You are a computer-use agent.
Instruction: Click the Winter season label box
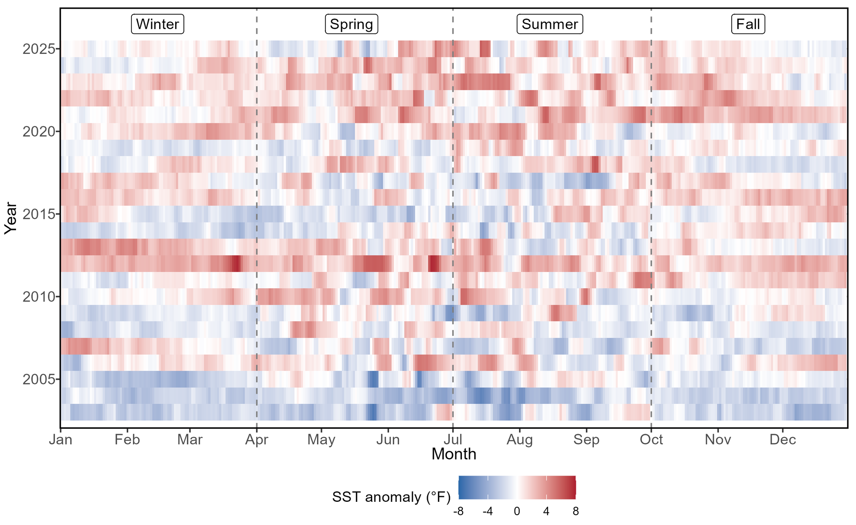pos(157,24)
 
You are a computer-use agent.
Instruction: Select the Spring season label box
pos(351,24)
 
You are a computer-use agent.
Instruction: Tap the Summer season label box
pos(550,24)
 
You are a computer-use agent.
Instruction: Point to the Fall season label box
pos(748,24)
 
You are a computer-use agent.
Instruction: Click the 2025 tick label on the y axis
pos(39,49)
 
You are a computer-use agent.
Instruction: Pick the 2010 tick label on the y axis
pos(39,297)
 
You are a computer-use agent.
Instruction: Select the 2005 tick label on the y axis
pos(39,380)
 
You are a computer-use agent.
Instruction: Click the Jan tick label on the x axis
pos(61,440)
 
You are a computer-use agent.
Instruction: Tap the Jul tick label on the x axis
pos(453,440)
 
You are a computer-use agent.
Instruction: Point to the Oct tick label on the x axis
pos(651,440)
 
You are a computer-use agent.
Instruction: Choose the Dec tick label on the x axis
pos(782,440)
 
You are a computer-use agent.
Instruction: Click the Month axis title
pos(454,454)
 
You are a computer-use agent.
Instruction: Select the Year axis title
pos(11,218)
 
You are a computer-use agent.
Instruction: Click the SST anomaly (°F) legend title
pos(391,497)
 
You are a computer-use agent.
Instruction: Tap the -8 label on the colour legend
pos(458,512)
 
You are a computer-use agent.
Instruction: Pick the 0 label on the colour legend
pos(517,512)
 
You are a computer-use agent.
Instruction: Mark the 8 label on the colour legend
pos(576,512)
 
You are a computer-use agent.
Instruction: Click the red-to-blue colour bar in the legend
pos(517,487)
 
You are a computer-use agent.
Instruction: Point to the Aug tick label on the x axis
pos(519,440)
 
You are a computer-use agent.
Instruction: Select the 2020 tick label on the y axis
pos(39,132)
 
